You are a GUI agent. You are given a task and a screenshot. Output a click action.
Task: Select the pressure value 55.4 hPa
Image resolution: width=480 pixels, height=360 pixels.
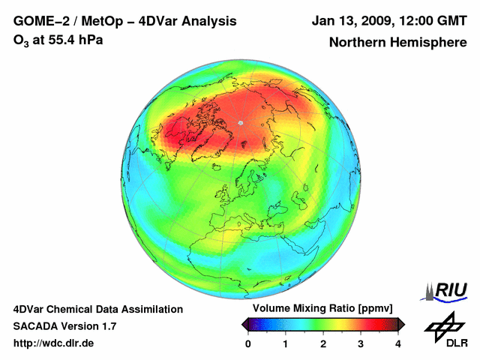[x=71, y=40]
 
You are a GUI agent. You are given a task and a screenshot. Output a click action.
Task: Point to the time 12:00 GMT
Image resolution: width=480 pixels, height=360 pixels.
[x=429, y=21]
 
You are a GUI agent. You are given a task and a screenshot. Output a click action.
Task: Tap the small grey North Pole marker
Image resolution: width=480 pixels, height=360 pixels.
[x=240, y=122]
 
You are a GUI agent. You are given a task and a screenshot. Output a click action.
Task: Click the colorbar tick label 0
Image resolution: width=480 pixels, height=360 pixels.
[x=249, y=343]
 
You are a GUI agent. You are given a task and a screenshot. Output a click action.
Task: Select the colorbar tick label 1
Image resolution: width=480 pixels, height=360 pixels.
[x=286, y=343]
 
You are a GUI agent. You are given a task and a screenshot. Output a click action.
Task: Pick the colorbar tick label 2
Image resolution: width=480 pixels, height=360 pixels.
[x=323, y=343]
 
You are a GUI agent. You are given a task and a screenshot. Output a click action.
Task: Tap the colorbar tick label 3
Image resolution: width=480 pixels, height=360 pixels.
[x=361, y=343]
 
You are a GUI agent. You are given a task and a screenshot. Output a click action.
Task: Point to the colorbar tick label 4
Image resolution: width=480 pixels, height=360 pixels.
[x=398, y=343]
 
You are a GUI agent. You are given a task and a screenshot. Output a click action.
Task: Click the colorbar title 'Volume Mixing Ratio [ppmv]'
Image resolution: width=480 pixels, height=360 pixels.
[x=322, y=309]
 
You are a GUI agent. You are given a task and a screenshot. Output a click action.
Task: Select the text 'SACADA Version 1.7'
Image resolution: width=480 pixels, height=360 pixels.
[x=64, y=326]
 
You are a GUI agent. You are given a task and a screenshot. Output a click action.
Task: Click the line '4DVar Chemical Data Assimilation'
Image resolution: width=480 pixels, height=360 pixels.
[x=97, y=309]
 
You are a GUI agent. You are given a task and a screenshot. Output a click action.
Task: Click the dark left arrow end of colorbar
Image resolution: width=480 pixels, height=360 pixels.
[x=245, y=324]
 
